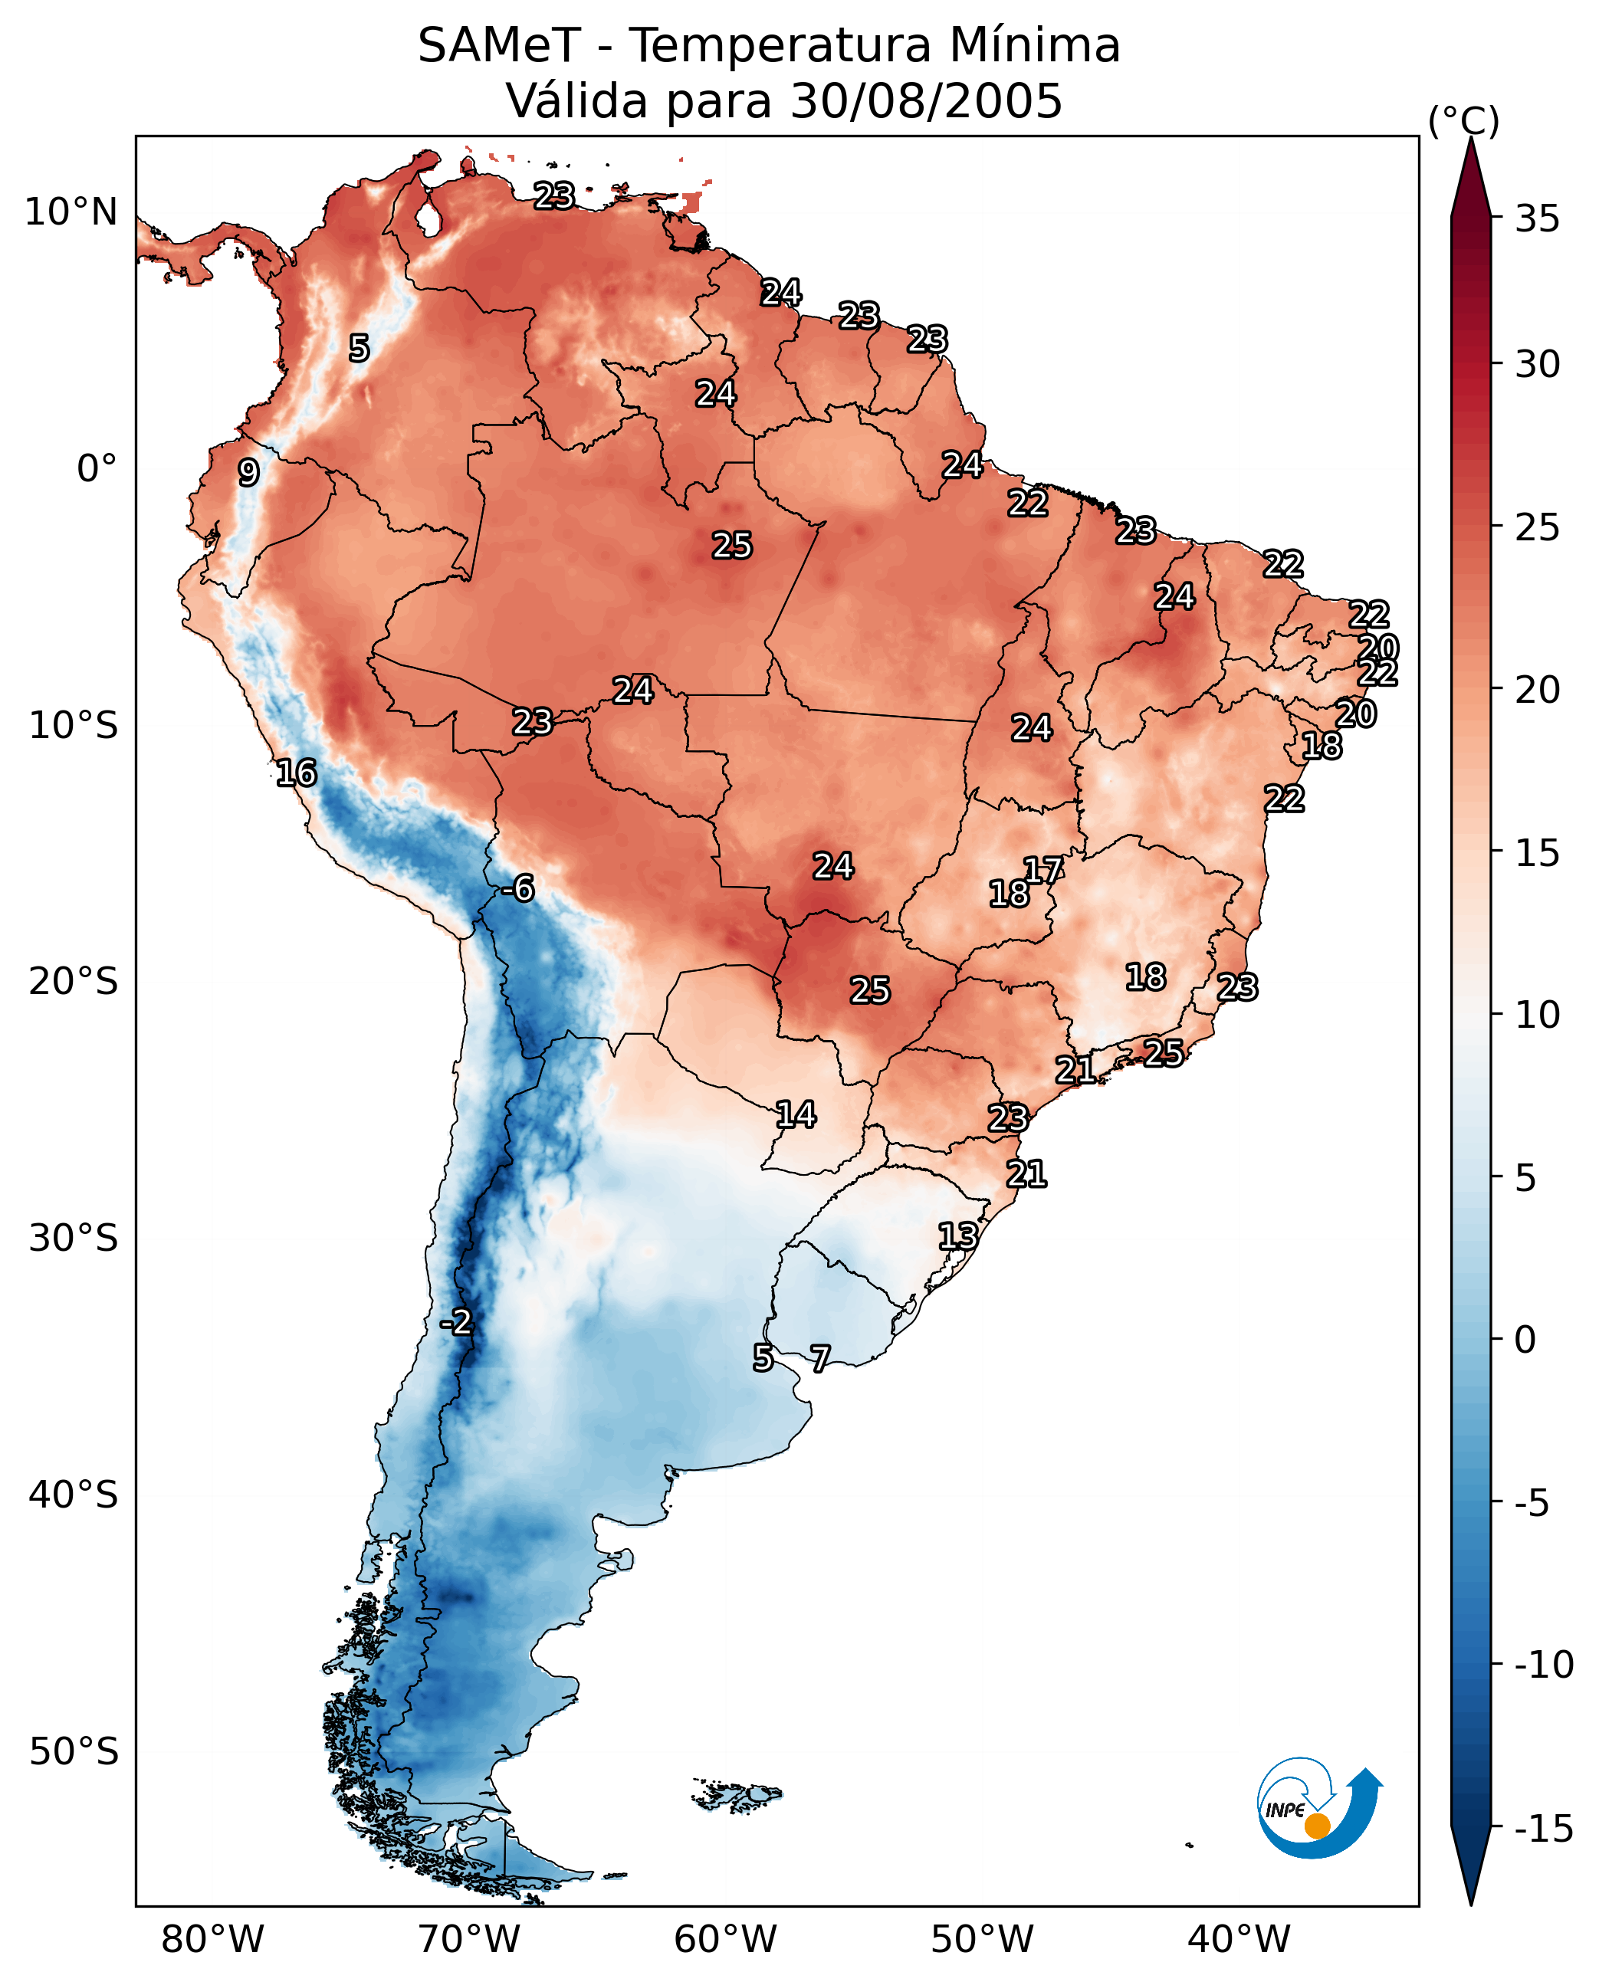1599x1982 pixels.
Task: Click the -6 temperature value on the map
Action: [x=517, y=889]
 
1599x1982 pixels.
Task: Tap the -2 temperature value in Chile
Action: [x=456, y=1323]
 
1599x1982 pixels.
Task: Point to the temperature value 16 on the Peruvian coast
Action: [x=297, y=773]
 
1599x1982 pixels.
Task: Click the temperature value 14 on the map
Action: [x=796, y=1114]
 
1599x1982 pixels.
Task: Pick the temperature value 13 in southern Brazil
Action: [x=958, y=1236]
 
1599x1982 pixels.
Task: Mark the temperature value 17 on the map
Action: [x=1043, y=871]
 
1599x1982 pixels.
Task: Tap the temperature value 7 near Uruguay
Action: [x=819, y=1358]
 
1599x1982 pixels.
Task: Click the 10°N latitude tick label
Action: [x=71, y=213]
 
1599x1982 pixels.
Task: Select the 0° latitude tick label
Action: [x=97, y=469]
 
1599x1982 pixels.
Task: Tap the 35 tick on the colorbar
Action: [x=1537, y=219]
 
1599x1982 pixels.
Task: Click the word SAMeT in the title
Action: [x=499, y=46]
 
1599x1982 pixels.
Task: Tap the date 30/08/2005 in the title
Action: [x=927, y=101]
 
